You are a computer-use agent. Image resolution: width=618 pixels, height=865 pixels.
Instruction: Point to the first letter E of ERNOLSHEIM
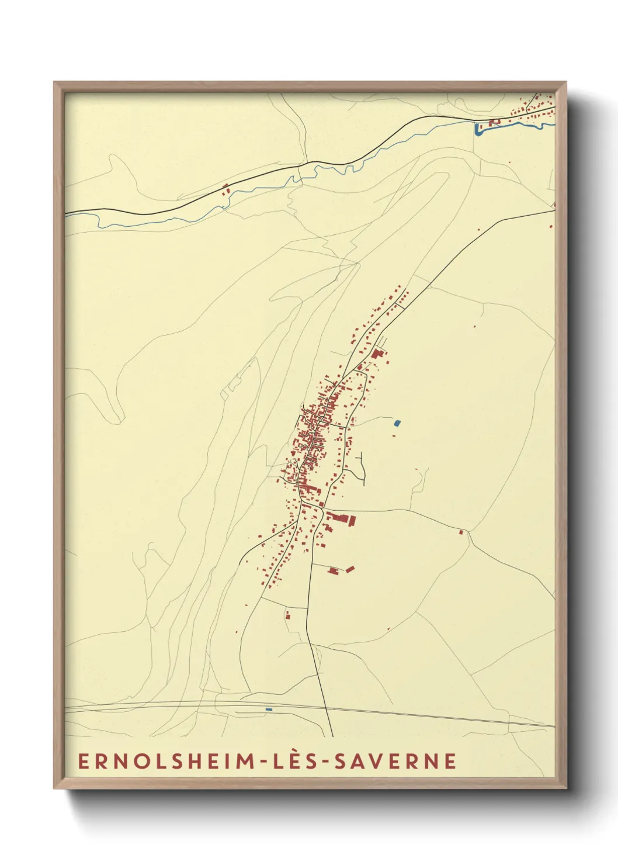click(x=84, y=761)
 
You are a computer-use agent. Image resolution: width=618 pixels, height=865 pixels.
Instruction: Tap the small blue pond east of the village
click(x=398, y=423)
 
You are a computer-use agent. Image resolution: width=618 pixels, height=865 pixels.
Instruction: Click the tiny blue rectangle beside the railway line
click(x=269, y=710)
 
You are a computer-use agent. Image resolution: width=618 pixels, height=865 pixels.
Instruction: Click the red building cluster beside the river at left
click(x=226, y=188)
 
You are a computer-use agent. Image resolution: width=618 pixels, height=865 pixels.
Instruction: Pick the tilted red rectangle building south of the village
click(x=350, y=568)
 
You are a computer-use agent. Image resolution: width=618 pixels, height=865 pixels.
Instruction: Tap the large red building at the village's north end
click(x=377, y=354)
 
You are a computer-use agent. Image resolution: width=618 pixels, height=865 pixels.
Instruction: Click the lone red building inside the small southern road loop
click(x=287, y=615)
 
